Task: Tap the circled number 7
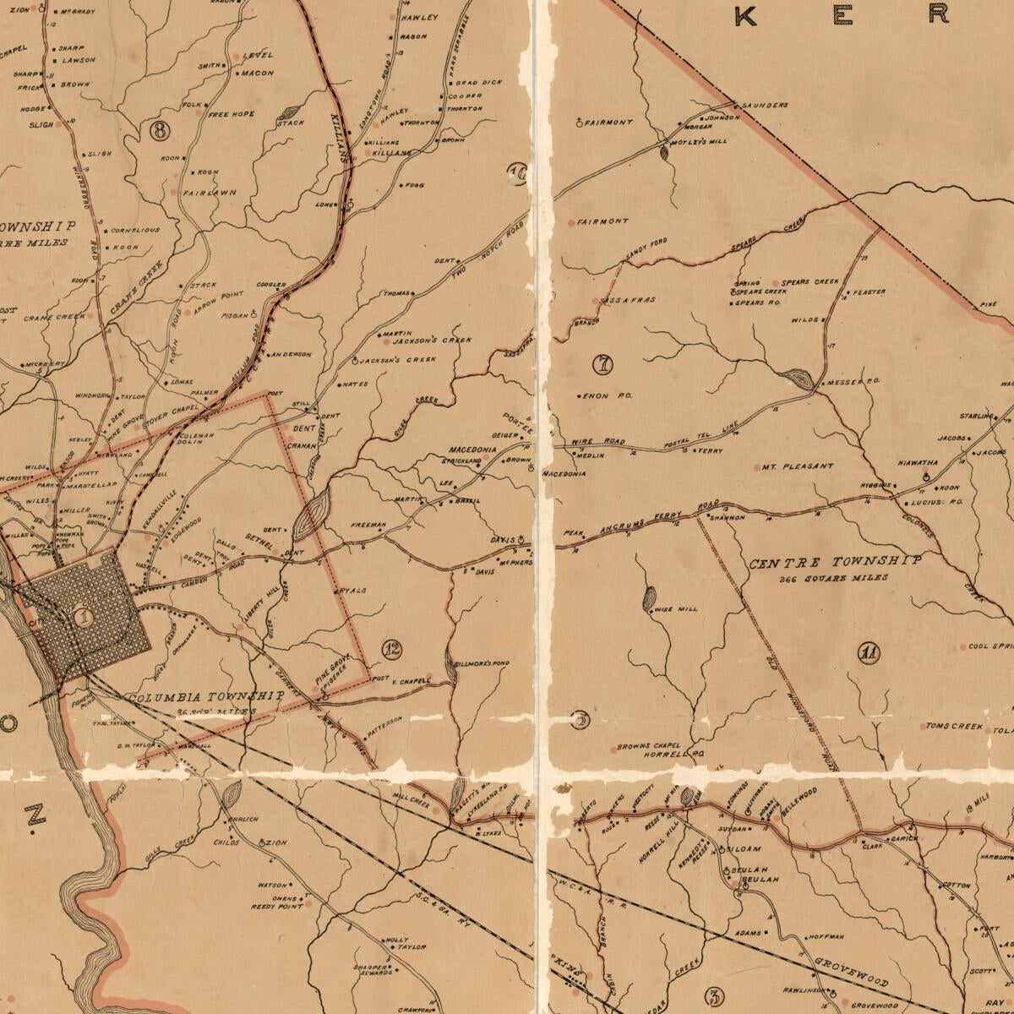(603, 365)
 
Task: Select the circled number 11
(868, 652)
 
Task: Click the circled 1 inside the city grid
(83, 617)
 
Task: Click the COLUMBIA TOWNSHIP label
(205, 697)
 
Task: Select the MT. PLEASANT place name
(798, 466)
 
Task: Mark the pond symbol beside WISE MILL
(649, 600)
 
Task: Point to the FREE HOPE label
(231, 114)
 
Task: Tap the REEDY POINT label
(276, 907)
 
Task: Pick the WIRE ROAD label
(597, 442)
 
